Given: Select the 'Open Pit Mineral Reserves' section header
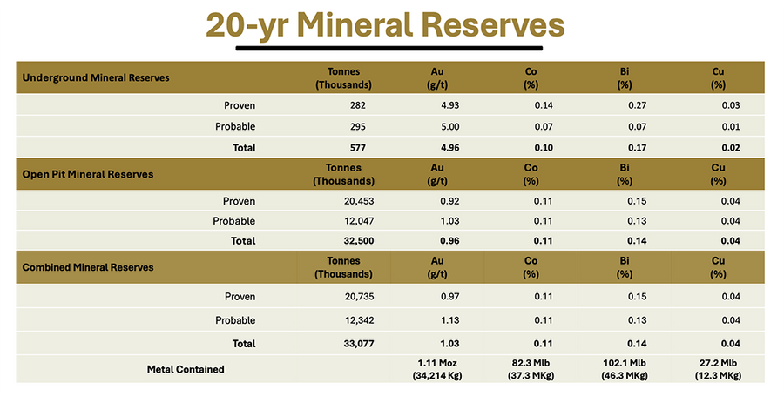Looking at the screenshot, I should click(87, 174).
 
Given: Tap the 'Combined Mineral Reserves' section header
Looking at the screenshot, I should click(87, 267).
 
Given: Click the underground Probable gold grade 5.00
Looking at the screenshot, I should click(438, 127).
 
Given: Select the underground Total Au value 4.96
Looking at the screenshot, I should click(438, 148).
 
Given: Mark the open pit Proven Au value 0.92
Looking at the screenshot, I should click(438, 201).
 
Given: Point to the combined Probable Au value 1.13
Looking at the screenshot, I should click(438, 321).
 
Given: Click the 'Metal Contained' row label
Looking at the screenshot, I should click(185, 369).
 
